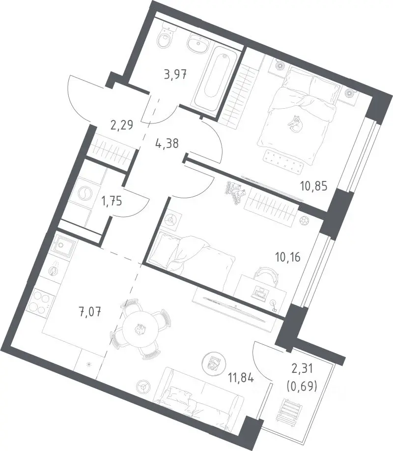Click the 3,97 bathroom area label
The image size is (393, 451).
(x=175, y=75)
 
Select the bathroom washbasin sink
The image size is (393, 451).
(x=198, y=44)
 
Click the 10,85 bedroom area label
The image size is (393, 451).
(x=314, y=186)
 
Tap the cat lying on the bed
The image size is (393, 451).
(x=295, y=124)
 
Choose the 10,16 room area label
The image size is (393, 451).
(x=288, y=257)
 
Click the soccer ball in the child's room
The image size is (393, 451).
(x=304, y=221)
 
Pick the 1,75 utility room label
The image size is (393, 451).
(x=112, y=201)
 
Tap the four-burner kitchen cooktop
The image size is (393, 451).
(x=40, y=302)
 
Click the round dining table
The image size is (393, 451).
(x=140, y=330)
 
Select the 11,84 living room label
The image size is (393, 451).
(x=241, y=377)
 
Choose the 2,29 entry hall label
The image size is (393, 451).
(x=121, y=125)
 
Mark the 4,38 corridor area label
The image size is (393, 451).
(x=167, y=143)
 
